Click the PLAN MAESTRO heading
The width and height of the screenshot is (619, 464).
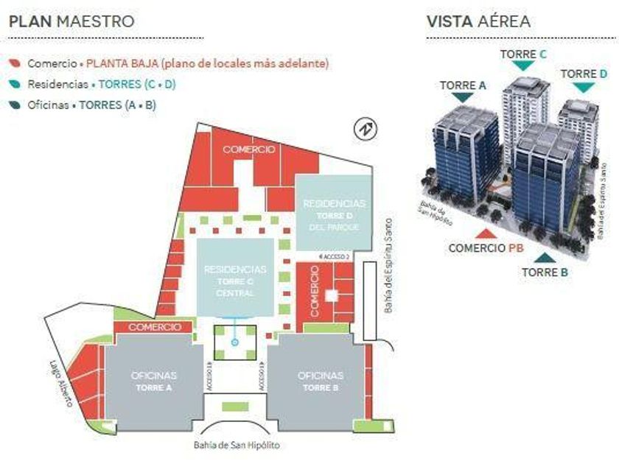71,21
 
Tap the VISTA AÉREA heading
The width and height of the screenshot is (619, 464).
478,21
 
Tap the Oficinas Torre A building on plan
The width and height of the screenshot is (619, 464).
153,382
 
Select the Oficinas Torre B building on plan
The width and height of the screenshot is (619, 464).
321,382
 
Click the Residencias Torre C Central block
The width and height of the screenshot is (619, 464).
235,281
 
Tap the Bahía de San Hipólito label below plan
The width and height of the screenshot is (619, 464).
237,445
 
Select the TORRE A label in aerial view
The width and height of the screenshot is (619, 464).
463,85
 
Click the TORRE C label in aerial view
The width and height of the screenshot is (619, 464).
523,54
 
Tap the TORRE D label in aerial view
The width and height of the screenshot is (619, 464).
584,74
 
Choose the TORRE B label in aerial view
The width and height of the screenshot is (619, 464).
545,272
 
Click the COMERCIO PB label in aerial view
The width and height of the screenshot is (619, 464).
486,248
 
